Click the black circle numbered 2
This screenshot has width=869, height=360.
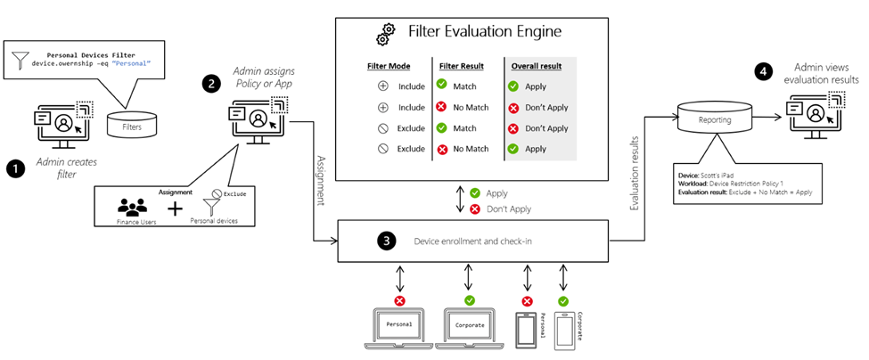[211, 84]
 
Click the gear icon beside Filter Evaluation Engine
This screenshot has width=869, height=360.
[385, 34]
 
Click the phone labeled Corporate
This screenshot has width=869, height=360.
[565, 328]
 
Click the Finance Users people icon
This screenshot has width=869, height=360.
[131, 207]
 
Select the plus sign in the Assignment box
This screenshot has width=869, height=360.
[176, 209]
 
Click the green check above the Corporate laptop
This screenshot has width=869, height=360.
[470, 277]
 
